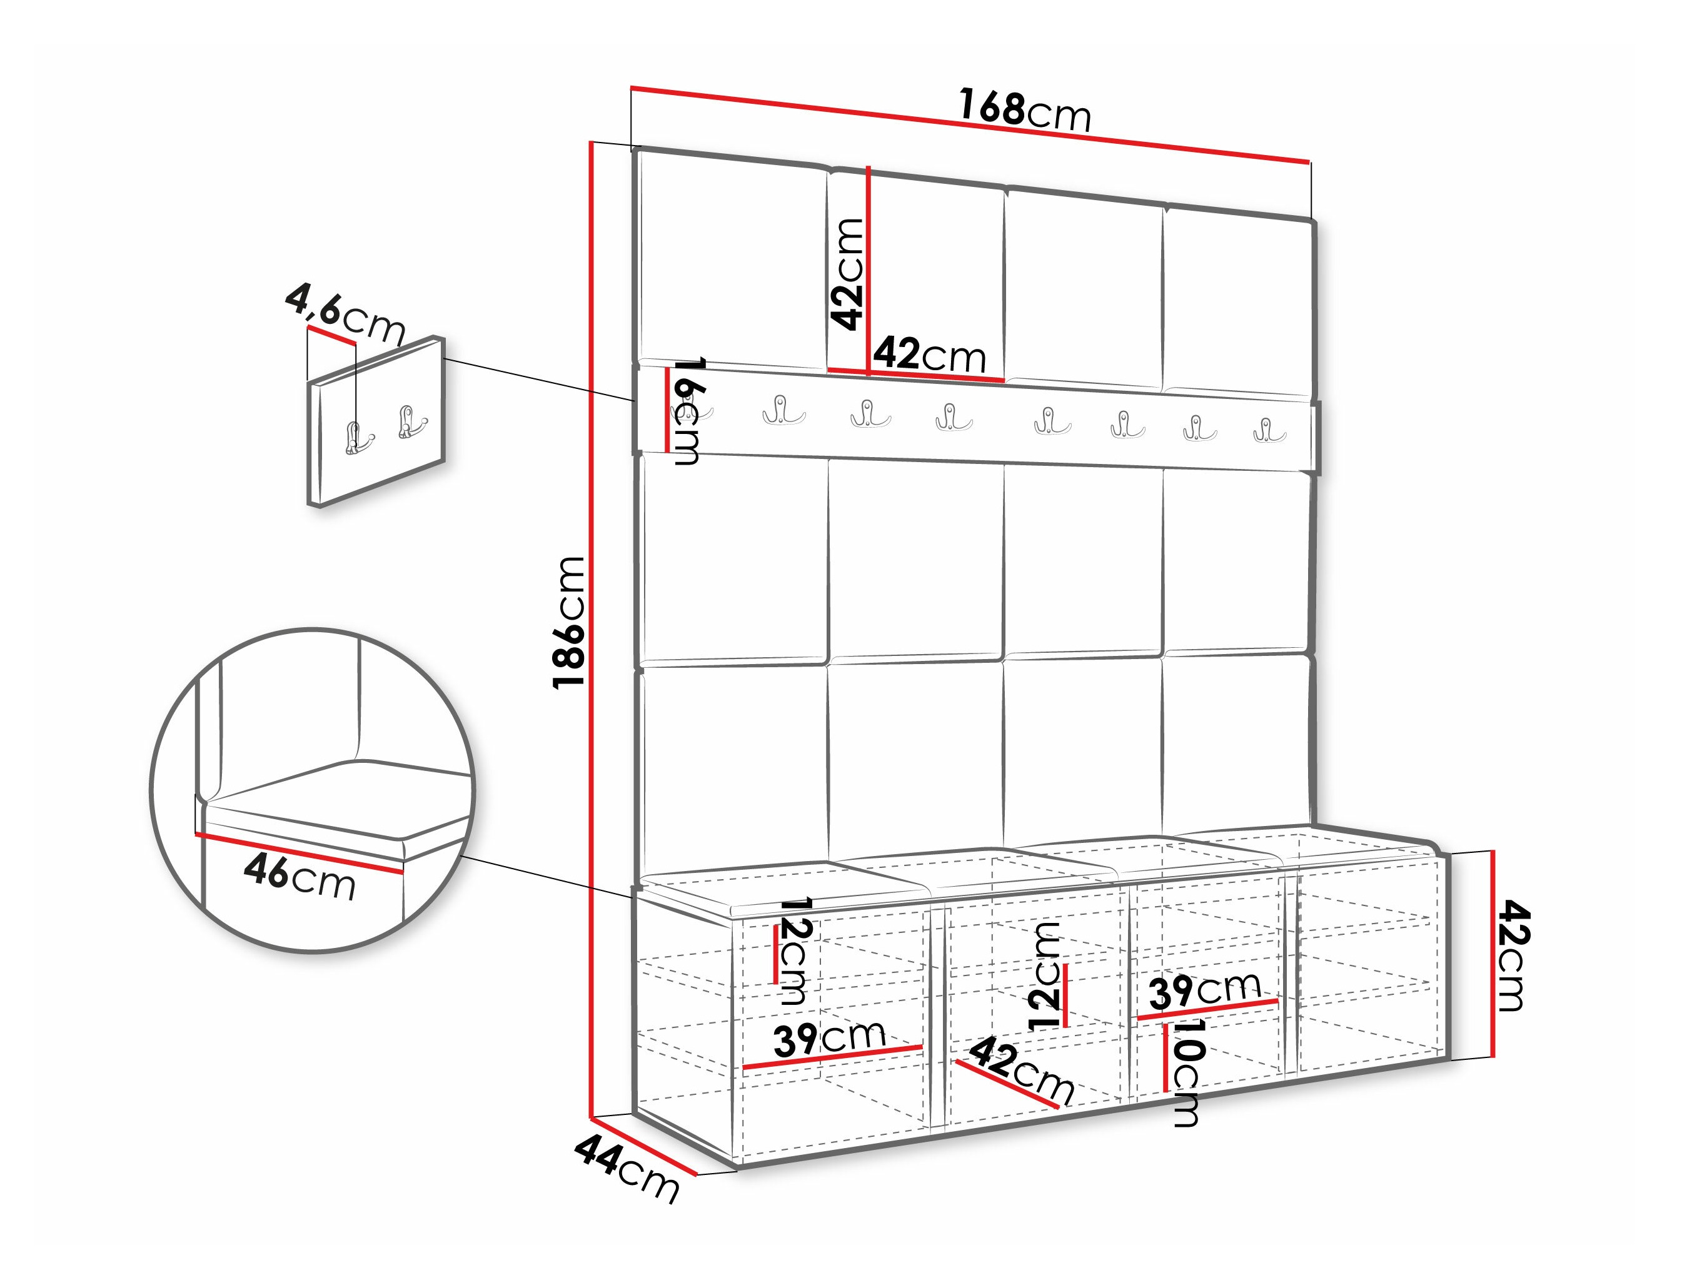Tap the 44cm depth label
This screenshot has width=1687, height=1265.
point(626,1179)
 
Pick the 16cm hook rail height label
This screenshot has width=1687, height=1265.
point(686,411)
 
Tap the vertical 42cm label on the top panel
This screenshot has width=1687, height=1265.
point(847,274)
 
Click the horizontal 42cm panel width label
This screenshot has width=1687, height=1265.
point(930,355)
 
